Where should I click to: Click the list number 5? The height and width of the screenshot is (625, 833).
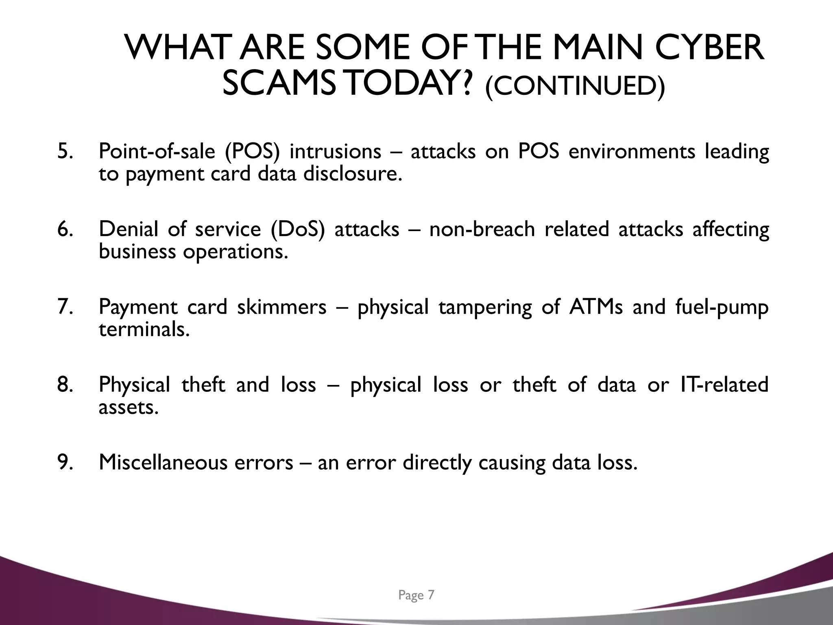tap(65, 151)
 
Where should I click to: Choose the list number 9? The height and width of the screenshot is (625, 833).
tap(65, 462)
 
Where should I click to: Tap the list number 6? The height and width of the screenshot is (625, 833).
tap(65, 229)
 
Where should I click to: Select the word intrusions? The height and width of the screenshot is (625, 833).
tap(335, 151)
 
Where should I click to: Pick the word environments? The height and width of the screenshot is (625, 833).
tap(632, 151)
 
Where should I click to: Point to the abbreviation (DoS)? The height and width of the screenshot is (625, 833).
tap(298, 229)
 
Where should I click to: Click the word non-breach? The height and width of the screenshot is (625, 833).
tap(482, 229)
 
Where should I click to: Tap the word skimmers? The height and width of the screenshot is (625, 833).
tap(282, 307)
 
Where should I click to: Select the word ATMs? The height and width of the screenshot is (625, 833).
tap(596, 307)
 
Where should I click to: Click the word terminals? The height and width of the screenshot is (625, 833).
tap(144, 329)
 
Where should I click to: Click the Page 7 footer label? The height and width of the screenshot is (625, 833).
tap(416, 595)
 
